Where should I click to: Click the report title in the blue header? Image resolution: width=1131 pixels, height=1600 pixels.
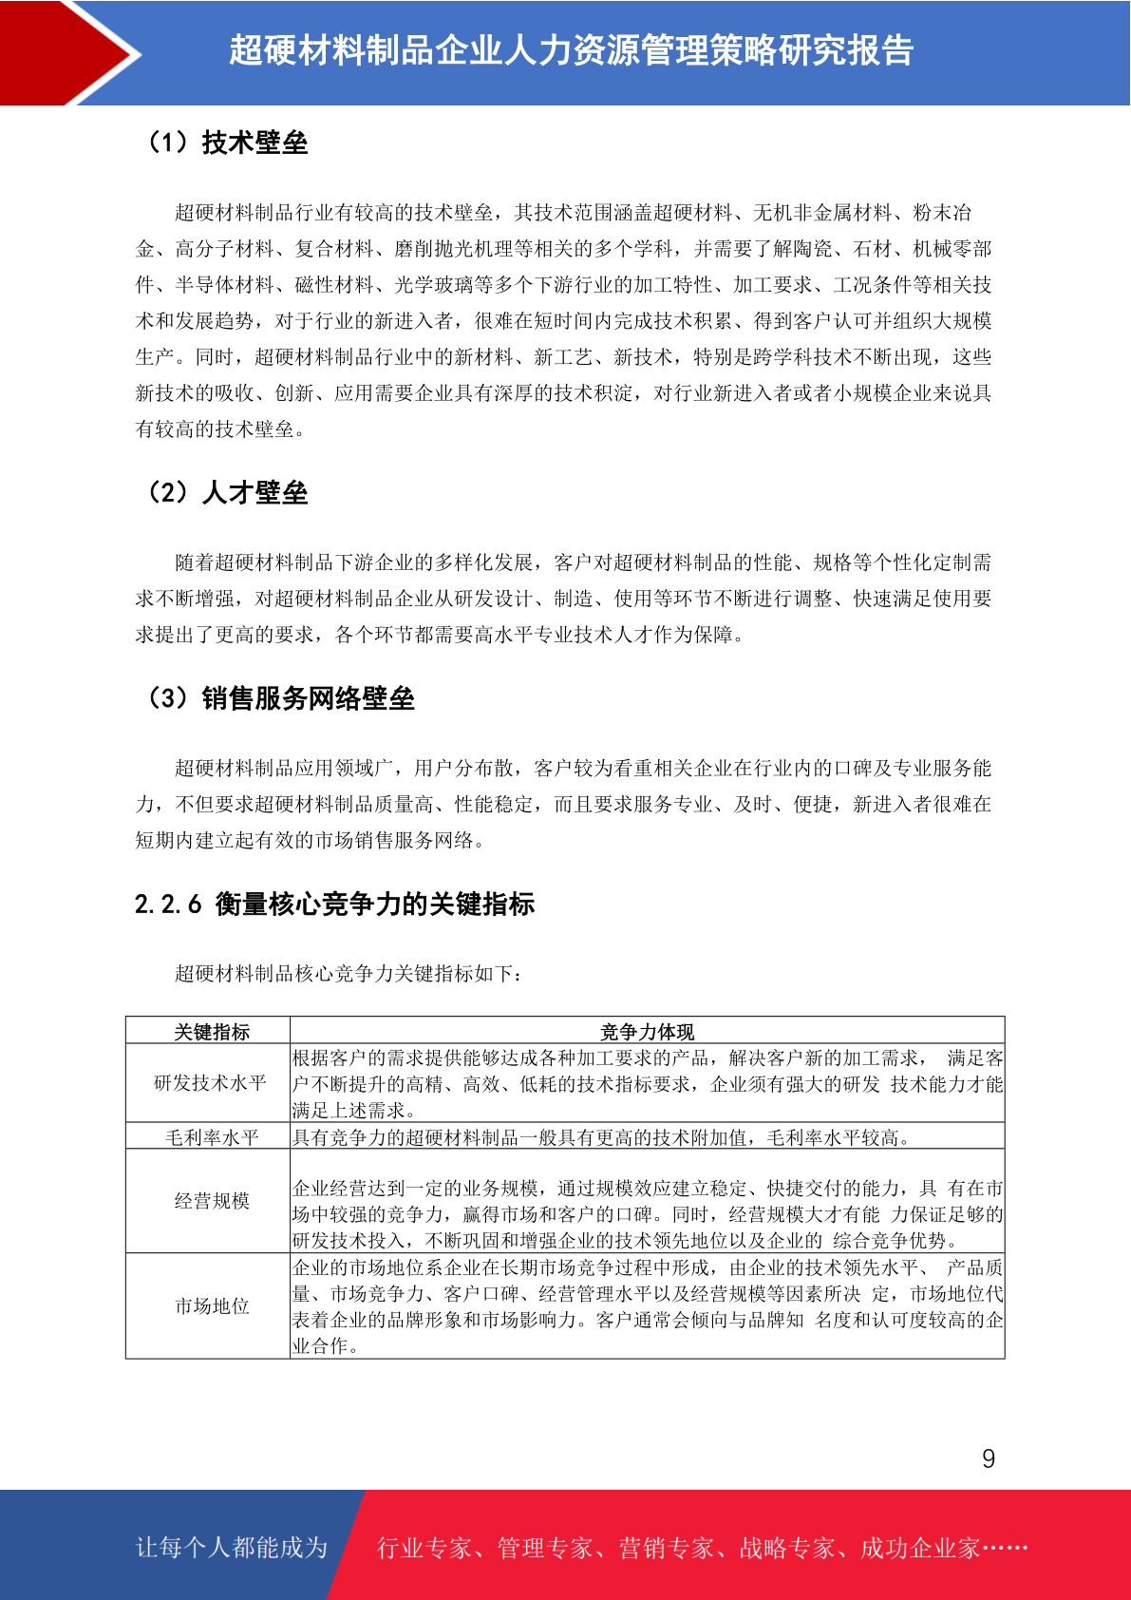click(571, 51)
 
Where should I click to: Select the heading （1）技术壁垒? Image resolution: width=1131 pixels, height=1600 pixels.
click(227, 143)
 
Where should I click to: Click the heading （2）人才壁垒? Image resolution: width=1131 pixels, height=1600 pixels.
click(227, 492)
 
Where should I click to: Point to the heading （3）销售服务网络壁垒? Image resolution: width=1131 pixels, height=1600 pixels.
click(280, 698)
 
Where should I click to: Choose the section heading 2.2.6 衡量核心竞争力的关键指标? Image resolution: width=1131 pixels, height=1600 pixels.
click(334, 904)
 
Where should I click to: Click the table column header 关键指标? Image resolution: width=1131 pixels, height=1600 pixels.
click(211, 1032)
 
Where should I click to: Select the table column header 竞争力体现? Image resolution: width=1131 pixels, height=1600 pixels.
click(647, 1032)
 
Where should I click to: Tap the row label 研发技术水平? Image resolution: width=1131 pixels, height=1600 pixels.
click(210, 1083)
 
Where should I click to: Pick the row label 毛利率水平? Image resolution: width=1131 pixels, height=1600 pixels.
click(211, 1137)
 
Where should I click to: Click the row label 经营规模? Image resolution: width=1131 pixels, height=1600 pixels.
click(211, 1201)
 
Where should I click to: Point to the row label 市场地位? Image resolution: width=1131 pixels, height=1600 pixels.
click(211, 1306)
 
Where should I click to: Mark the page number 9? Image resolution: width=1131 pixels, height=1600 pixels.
click(989, 1459)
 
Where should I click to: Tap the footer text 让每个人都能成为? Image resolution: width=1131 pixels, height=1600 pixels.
click(232, 1548)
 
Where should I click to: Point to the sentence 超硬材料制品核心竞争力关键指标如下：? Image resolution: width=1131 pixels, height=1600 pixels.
click(349, 973)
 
